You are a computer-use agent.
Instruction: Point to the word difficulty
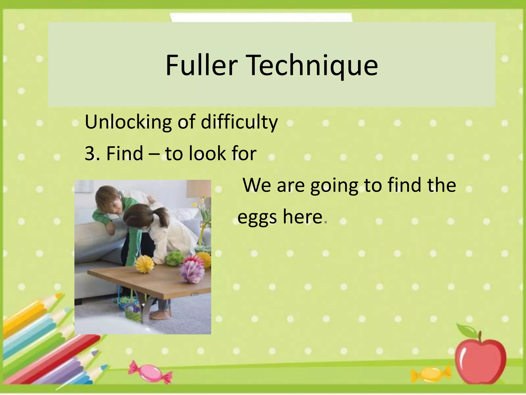coord(239,122)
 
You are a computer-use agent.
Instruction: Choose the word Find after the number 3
coord(125,153)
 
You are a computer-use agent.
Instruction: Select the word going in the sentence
coord(334,185)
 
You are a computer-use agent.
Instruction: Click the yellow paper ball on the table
coord(145,264)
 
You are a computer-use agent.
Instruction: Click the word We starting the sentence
coord(257,185)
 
